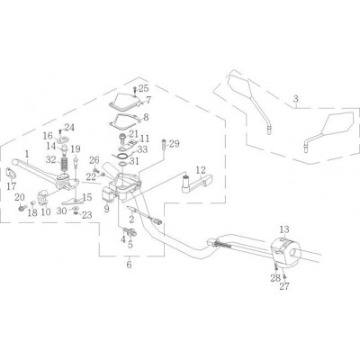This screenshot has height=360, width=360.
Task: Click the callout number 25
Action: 143,88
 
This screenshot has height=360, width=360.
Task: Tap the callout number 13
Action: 284,229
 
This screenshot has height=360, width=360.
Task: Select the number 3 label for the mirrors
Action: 296,98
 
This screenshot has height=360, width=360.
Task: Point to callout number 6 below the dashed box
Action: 129,265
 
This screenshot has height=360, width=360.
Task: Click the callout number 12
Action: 201,170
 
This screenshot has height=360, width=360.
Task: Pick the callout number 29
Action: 174,144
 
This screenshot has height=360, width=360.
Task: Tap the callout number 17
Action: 12,186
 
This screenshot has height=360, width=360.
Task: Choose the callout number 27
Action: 284,286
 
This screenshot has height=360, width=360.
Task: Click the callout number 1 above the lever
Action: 27,154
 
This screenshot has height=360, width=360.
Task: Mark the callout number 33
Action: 142,149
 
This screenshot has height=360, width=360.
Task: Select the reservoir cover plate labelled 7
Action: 124,100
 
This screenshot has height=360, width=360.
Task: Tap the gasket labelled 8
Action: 125,122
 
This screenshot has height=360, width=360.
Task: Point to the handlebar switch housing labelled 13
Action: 285,252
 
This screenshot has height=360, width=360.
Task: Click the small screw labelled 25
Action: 135,90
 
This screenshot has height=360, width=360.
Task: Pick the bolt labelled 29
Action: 164,144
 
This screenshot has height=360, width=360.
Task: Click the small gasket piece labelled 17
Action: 11,174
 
